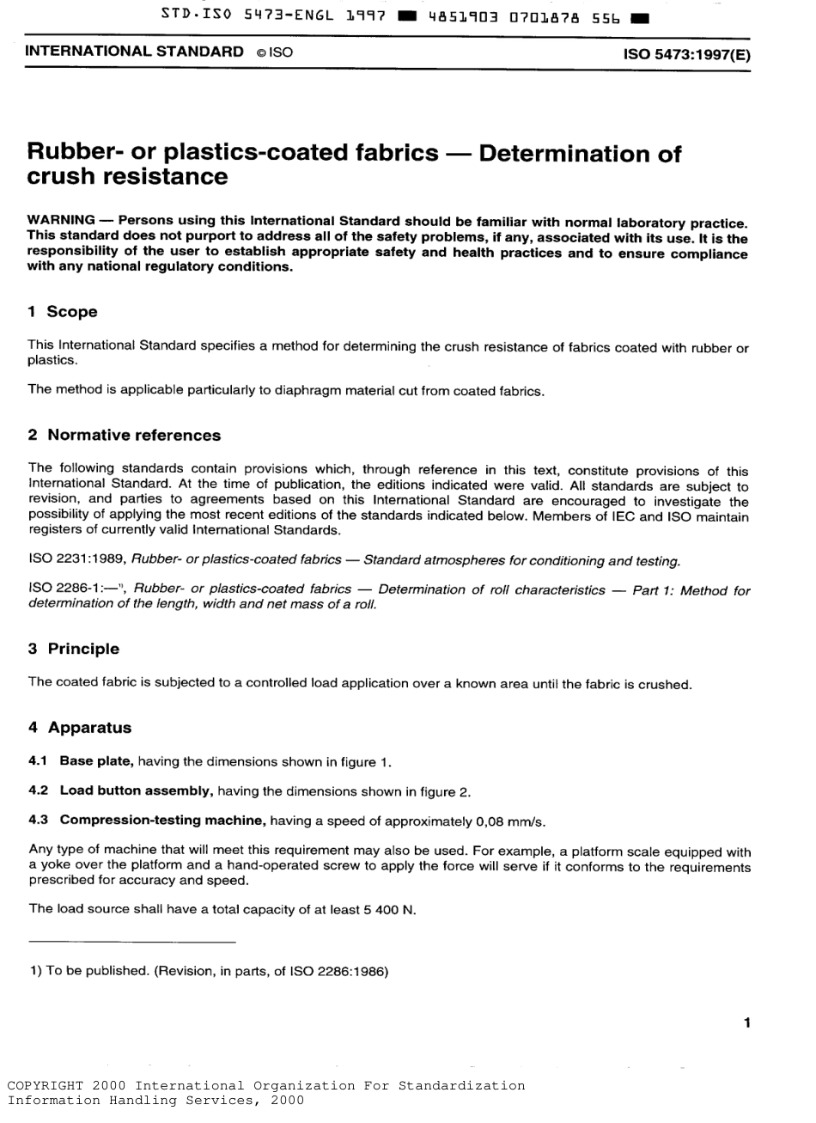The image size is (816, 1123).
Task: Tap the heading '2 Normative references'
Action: coord(125,436)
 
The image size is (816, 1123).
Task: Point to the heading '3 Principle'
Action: coord(74,649)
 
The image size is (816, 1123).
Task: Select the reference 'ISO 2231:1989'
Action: coord(76,561)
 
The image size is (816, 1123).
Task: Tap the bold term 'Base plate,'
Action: coord(97,761)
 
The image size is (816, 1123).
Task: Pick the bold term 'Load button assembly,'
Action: coord(136,790)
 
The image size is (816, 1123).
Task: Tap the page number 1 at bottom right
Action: coord(746,1022)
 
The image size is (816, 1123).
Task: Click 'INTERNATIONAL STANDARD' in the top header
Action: coord(135,52)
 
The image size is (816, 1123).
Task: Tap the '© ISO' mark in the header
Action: coord(275,52)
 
